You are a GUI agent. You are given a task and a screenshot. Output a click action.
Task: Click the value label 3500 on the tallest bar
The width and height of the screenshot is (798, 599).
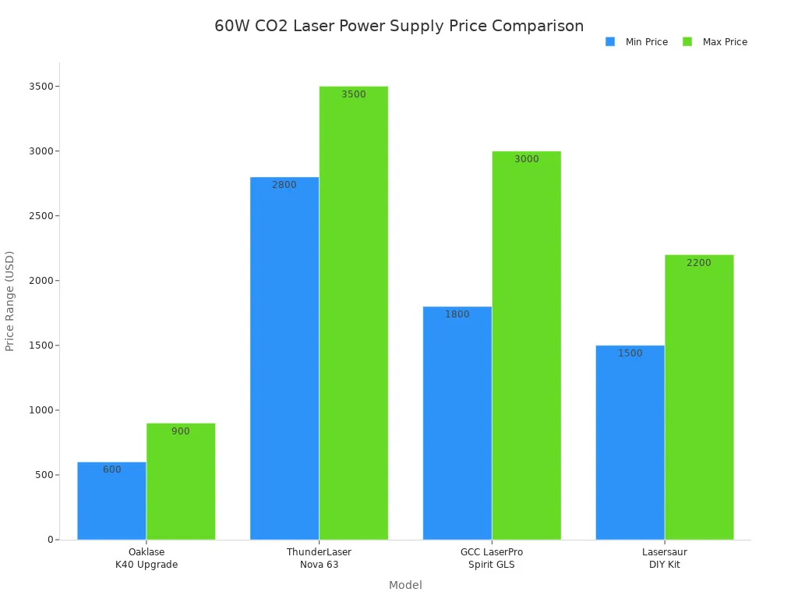[353, 94]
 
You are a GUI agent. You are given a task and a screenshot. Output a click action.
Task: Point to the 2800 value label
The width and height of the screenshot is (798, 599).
[284, 185]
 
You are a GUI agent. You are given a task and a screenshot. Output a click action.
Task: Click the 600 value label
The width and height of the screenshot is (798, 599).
[111, 470]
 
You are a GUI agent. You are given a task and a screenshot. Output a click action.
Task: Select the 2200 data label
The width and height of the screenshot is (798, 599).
[699, 263]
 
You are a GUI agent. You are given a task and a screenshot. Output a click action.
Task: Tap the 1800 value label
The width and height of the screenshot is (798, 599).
[457, 314]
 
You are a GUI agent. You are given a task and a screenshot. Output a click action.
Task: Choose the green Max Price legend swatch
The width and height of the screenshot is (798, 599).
[687, 42]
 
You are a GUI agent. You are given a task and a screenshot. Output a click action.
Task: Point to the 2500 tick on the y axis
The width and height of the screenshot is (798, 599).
[41, 216]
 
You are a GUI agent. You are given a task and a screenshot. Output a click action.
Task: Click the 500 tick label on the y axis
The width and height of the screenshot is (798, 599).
[44, 475]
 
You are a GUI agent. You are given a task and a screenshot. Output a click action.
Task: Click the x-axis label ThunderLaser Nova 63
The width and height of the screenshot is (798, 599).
[319, 558]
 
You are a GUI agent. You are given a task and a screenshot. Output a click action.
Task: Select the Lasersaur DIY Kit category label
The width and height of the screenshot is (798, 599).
[665, 558]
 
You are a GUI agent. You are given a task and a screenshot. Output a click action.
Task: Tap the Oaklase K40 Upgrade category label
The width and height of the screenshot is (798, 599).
[147, 558]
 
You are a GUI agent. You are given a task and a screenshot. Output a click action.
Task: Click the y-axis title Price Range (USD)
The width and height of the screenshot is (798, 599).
[10, 301]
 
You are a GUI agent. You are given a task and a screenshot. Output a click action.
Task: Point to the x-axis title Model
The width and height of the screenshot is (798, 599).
[405, 585]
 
